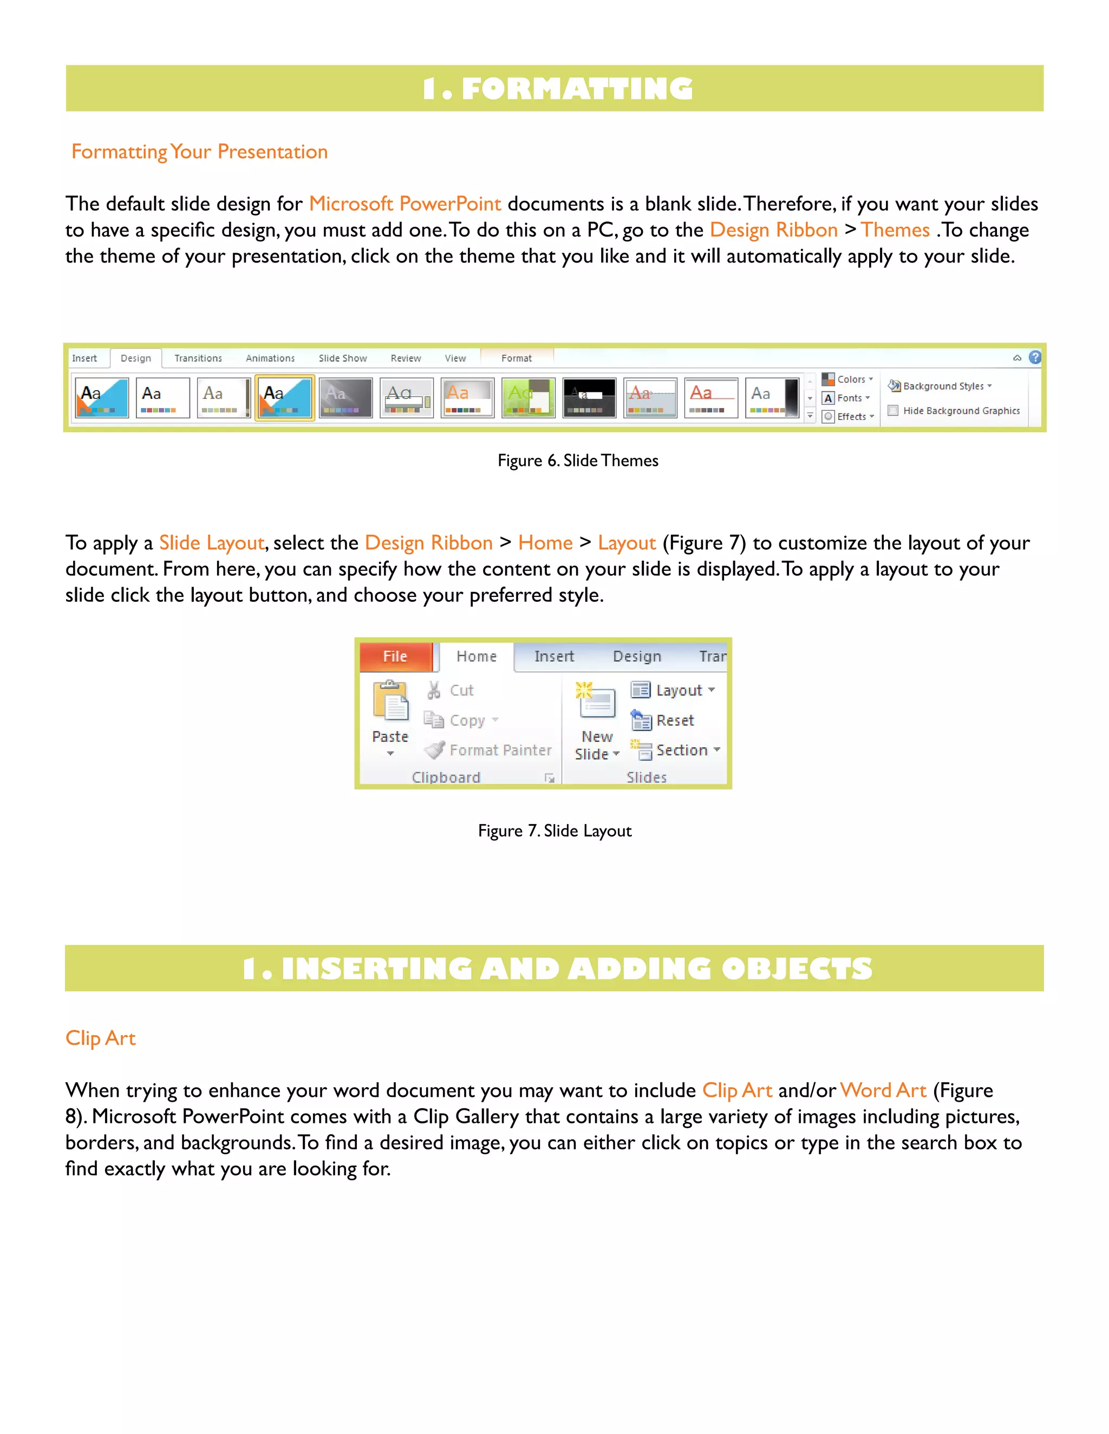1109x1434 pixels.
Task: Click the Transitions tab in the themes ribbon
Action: click(198, 358)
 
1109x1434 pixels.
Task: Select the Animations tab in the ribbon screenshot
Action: click(270, 358)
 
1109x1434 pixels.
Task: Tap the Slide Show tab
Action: click(342, 358)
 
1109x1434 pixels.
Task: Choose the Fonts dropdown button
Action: click(847, 398)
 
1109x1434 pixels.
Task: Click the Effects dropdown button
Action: click(849, 416)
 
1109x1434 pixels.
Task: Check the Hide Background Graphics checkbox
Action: click(893, 410)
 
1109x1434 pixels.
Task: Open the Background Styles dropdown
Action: click(940, 386)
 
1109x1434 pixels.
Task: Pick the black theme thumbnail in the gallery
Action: click(589, 397)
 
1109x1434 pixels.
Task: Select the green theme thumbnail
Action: click(528, 397)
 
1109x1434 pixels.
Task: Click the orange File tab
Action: click(395, 656)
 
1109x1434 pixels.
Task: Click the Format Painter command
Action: click(490, 750)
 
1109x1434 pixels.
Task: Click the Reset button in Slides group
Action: click(663, 720)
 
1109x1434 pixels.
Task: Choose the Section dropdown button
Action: click(677, 750)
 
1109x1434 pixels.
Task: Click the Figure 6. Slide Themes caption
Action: click(577, 461)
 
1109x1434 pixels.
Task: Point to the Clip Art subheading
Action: click(101, 1037)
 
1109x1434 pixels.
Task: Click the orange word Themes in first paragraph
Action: click(895, 230)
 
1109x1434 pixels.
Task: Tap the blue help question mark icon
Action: click(1035, 357)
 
